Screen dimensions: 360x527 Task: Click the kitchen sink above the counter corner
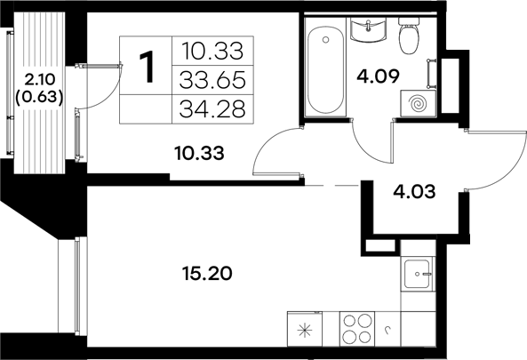coord(417,275)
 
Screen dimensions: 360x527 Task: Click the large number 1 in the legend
coord(147,65)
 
